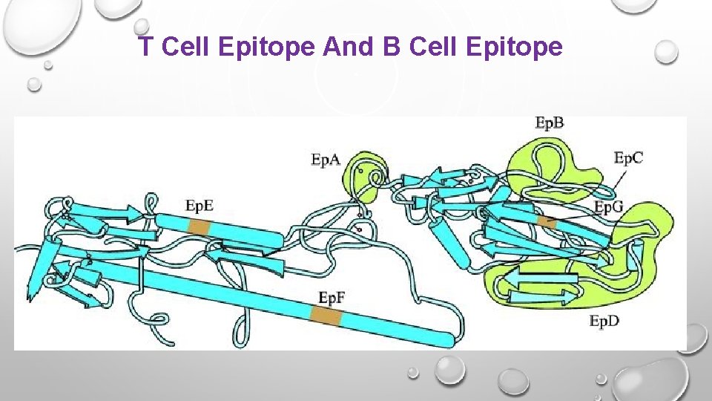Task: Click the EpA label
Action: (x=326, y=159)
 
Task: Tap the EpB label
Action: (x=550, y=123)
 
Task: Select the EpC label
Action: (x=628, y=157)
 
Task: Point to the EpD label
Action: (x=604, y=321)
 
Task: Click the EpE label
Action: (x=200, y=206)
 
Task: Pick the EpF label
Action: (x=332, y=298)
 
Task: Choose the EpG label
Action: (x=609, y=206)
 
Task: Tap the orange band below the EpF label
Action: (x=326, y=318)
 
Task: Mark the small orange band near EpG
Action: (x=547, y=222)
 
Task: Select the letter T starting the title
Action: (x=147, y=48)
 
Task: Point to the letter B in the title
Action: (x=391, y=48)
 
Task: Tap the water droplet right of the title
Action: (x=666, y=51)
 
